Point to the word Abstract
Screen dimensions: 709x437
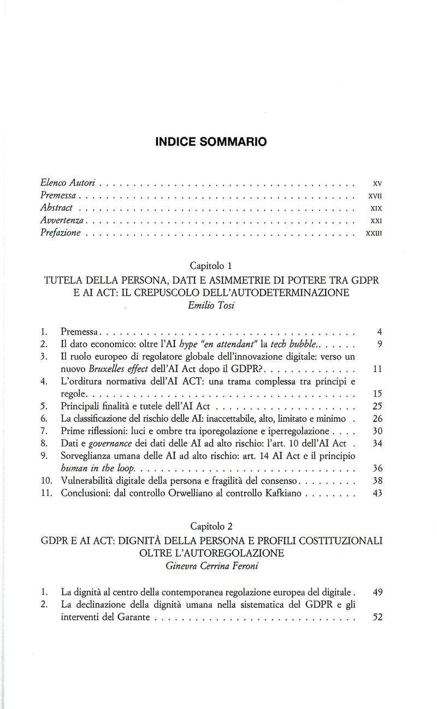56,207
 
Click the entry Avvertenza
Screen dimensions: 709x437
62,220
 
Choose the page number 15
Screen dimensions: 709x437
375,395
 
